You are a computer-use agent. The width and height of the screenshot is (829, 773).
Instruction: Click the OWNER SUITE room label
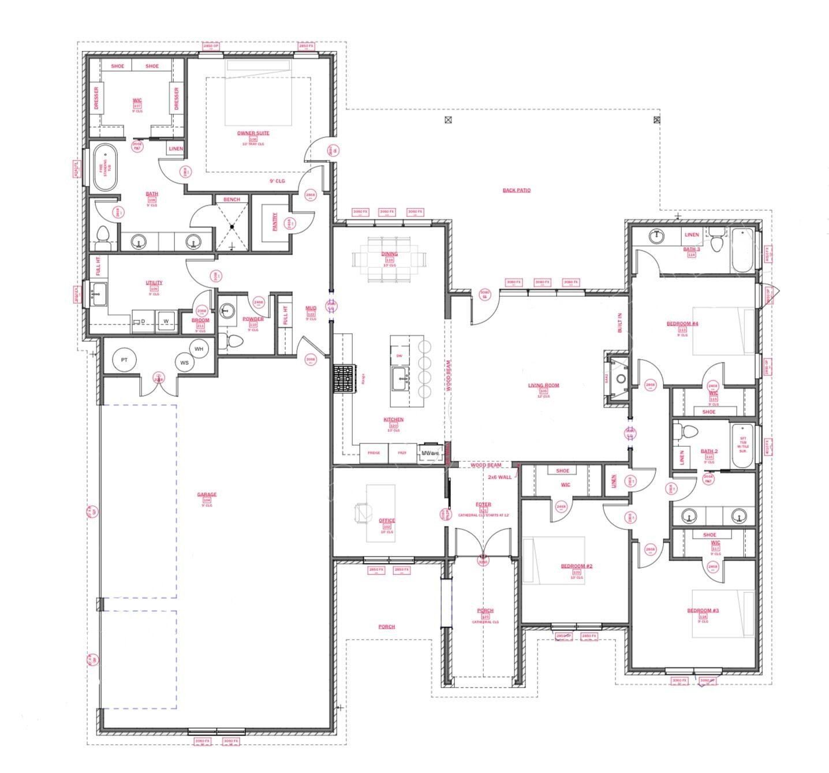(x=253, y=133)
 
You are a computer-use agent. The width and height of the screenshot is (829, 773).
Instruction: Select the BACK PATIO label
(x=516, y=190)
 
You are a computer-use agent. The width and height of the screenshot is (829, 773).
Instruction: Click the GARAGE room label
(x=207, y=494)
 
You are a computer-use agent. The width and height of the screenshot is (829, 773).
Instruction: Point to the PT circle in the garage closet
(x=124, y=360)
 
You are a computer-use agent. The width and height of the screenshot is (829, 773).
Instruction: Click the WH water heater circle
(x=199, y=349)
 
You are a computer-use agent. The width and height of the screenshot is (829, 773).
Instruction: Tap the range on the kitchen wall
(x=345, y=379)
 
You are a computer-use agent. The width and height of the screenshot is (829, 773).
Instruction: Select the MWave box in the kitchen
(x=430, y=453)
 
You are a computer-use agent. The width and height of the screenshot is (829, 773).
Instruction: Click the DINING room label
(x=389, y=254)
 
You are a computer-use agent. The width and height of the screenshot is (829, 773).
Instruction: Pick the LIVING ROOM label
(x=543, y=385)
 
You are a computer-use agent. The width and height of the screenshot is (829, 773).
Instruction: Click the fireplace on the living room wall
(x=618, y=378)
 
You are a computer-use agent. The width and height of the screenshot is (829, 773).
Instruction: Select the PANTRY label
(x=275, y=222)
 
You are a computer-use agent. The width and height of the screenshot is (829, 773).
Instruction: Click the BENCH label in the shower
(x=231, y=199)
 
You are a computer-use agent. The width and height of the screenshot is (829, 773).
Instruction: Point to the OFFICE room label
(x=387, y=520)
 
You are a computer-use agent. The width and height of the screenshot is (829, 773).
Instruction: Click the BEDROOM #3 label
(x=703, y=611)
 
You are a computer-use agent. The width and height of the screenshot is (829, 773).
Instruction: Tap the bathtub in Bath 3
(x=742, y=251)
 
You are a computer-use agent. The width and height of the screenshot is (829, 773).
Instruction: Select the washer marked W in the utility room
(x=166, y=321)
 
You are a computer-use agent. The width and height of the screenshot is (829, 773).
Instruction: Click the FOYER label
(x=483, y=505)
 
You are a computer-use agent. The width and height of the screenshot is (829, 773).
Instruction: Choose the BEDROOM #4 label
(x=682, y=324)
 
